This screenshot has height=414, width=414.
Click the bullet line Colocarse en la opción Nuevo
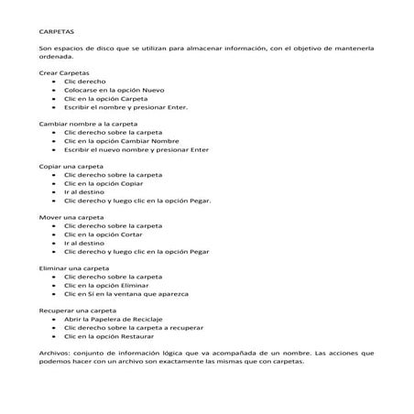(113, 89)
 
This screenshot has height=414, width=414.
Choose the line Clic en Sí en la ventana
(125, 293)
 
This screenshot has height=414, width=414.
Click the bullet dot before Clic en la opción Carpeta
(54, 97)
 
